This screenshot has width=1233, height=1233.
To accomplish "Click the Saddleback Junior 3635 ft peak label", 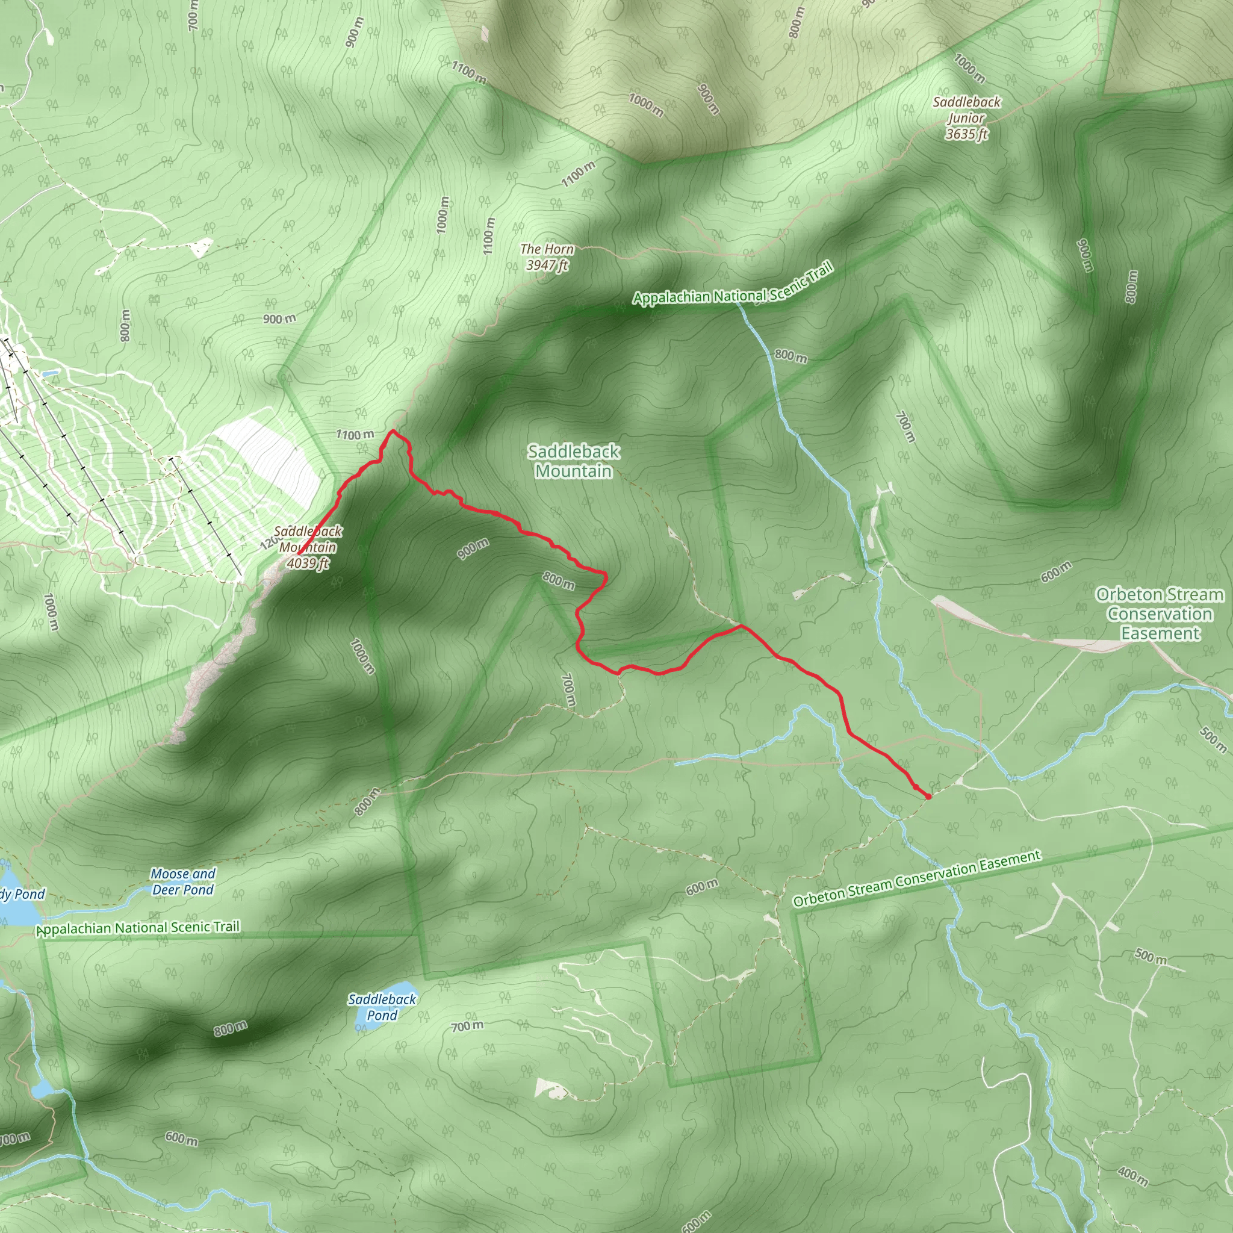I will tap(966, 118).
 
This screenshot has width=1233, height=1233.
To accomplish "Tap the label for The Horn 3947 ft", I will tap(547, 257).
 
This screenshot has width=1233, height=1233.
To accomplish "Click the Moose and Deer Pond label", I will tap(183, 881).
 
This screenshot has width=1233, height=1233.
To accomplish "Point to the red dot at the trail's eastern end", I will tap(928, 797).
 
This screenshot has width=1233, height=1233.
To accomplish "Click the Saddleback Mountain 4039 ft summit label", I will tap(308, 547).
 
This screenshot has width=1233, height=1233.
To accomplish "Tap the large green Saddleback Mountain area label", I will tap(573, 461).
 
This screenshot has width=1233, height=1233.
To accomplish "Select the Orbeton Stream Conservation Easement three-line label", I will tap(1160, 613).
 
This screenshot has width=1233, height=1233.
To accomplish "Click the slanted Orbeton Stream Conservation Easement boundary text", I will tap(917, 878).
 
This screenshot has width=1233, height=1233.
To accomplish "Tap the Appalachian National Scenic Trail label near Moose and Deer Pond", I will tap(139, 928).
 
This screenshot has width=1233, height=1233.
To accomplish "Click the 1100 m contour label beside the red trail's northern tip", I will tap(355, 435).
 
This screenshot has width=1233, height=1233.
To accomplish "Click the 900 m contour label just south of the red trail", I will tap(473, 548).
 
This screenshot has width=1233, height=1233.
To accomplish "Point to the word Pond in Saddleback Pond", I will tap(382, 1014).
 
